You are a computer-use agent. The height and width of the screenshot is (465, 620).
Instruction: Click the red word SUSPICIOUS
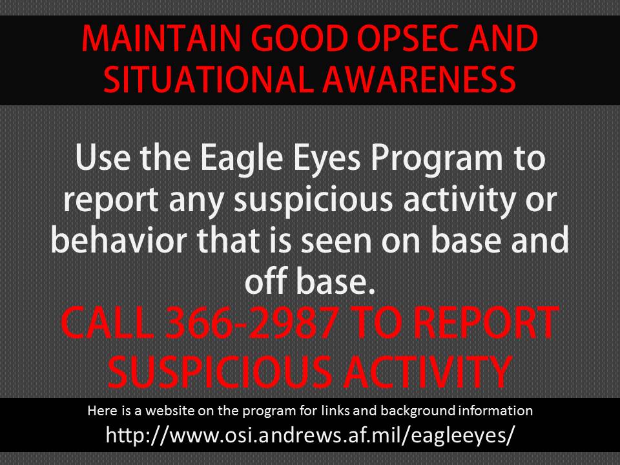point(220,372)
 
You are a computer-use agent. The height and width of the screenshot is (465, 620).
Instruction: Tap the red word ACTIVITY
point(428,372)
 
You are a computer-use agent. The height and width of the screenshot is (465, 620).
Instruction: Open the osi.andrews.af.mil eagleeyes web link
point(311,435)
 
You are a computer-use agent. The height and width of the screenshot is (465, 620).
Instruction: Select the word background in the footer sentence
point(418,411)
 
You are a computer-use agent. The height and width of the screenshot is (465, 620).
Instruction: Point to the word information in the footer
point(495,411)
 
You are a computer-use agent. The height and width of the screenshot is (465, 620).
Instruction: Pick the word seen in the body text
point(336,242)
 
